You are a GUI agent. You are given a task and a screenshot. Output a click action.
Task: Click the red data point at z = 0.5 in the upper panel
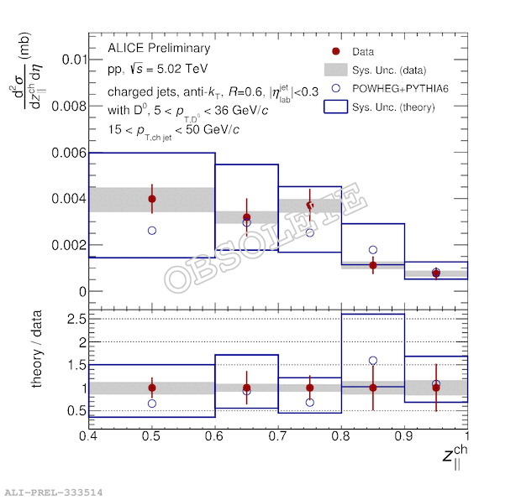(x=152, y=199)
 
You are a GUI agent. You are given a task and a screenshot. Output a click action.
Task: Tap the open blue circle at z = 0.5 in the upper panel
(x=152, y=230)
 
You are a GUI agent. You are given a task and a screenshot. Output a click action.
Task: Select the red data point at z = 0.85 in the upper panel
(x=373, y=265)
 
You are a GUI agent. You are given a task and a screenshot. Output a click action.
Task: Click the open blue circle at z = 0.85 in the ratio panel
(x=373, y=361)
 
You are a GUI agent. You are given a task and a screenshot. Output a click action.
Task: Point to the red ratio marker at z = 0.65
(x=246, y=388)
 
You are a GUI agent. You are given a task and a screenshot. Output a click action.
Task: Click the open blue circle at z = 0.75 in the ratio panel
(x=310, y=403)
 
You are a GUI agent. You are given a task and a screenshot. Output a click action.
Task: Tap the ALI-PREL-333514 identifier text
(x=51, y=492)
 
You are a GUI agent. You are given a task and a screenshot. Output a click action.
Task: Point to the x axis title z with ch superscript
(x=452, y=457)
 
